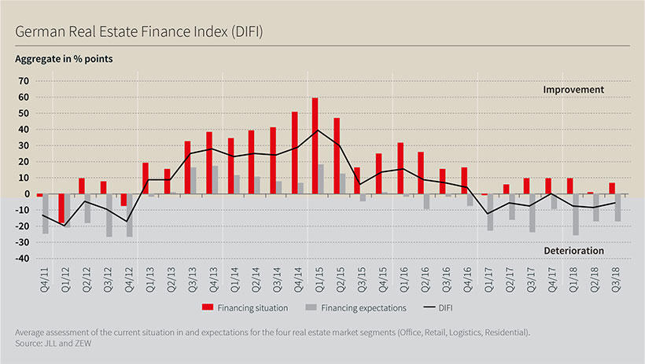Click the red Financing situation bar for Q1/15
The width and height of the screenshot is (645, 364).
click(x=315, y=145)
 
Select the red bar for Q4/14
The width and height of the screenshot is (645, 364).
click(x=294, y=153)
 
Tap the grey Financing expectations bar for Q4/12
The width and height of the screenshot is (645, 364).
click(x=130, y=215)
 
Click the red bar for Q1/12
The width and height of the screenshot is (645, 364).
click(x=61, y=208)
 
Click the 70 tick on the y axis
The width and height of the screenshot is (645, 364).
click(x=23, y=81)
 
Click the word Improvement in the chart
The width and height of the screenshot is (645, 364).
click(x=573, y=90)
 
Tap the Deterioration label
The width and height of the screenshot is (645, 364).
click(x=573, y=251)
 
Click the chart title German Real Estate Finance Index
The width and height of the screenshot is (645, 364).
click(x=138, y=32)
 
